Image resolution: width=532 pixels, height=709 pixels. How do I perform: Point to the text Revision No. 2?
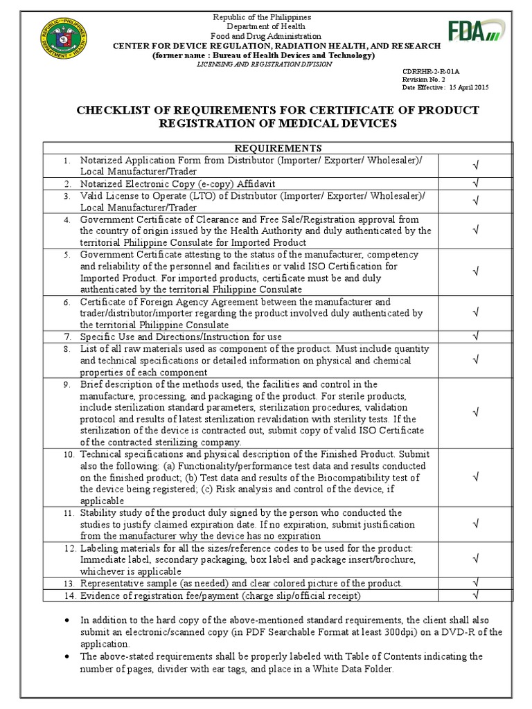(x=425, y=80)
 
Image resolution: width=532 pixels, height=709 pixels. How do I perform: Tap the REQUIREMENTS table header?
(x=278, y=147)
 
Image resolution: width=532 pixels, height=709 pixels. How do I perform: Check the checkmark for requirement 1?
(x=476, y=165)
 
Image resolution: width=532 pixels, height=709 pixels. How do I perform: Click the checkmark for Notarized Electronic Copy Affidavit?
(x=476, y=183)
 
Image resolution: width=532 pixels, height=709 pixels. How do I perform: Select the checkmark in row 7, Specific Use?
(x=476, y=336)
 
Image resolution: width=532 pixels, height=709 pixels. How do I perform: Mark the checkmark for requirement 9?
(x=476, y=413)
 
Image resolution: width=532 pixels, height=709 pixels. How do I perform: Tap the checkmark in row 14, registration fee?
(x=476, y=595)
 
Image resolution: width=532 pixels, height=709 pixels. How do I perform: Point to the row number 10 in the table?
(x=68, y=455)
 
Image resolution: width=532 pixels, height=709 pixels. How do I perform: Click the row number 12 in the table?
(x=68, y=548)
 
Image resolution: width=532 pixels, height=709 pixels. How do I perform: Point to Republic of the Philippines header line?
(x=261, y=17)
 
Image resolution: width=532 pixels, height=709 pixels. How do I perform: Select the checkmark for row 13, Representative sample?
(x=476, y=583)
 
